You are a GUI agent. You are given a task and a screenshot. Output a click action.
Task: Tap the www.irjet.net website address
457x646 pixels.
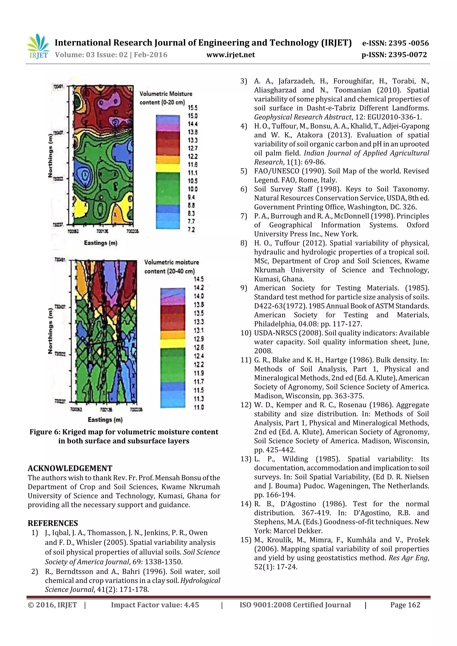230,55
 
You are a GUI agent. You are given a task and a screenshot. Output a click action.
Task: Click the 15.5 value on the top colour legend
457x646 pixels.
193,108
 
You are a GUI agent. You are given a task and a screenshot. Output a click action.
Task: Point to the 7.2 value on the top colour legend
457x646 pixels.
191,230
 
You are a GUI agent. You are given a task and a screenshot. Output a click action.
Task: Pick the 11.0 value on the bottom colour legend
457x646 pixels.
199,407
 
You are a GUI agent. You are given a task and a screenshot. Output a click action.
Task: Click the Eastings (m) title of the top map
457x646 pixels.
100,243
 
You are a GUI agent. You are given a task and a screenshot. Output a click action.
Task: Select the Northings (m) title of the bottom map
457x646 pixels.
50,331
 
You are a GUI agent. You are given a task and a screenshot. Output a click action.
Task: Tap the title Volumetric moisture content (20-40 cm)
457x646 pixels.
171,266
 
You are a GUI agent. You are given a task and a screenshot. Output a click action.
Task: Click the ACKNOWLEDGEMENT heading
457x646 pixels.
70,469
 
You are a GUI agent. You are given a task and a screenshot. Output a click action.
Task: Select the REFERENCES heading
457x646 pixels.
53,523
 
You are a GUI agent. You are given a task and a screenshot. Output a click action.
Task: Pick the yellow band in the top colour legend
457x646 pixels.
168,168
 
